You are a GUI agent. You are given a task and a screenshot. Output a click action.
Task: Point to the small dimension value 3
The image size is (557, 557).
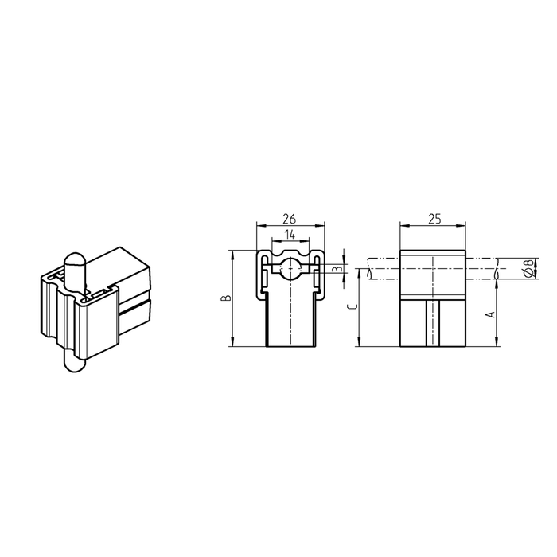click(x=337, y=269)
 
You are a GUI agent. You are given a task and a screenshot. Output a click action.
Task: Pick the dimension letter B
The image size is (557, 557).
click(x=225, y=298)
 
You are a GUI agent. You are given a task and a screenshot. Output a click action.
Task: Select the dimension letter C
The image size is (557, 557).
click(x=353, y=304)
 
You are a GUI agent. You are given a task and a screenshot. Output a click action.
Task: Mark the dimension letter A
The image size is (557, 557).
click(x=491, y=314)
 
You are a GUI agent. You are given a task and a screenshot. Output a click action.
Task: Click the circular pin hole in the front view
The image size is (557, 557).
click(x=290, y=268)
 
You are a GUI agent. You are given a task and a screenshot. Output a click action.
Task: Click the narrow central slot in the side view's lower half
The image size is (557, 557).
click(x=433, y=322)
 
